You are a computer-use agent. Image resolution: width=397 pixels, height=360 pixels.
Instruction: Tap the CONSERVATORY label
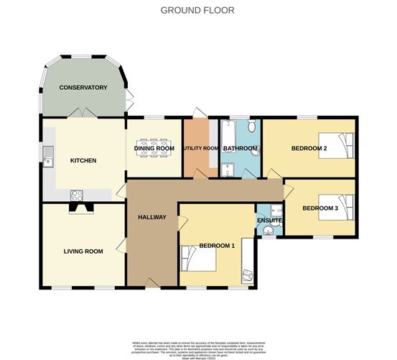coord(83,88)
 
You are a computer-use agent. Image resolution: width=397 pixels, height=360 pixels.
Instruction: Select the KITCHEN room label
coord(83,160)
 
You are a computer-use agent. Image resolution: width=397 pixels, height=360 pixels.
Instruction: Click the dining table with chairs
coord(154,149)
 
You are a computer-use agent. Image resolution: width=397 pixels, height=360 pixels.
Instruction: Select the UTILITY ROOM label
coord(200,149)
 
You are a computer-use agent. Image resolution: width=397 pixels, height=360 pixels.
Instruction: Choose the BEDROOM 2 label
coord(309,149)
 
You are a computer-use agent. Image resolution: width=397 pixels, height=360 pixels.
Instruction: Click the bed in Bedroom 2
coord(337,145)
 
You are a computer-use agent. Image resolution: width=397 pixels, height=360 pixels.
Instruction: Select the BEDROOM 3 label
coord(319,209)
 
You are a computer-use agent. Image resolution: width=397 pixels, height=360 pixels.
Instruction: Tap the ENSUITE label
coord(269,220)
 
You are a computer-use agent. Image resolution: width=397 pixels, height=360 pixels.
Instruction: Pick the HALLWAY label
coord(151,217)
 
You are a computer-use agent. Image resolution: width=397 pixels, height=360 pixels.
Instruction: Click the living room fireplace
coord(80,208)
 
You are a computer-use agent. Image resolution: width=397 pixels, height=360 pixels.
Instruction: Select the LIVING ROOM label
coord(83,251)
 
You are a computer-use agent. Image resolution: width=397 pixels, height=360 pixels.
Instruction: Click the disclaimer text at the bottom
coord(198,348)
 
